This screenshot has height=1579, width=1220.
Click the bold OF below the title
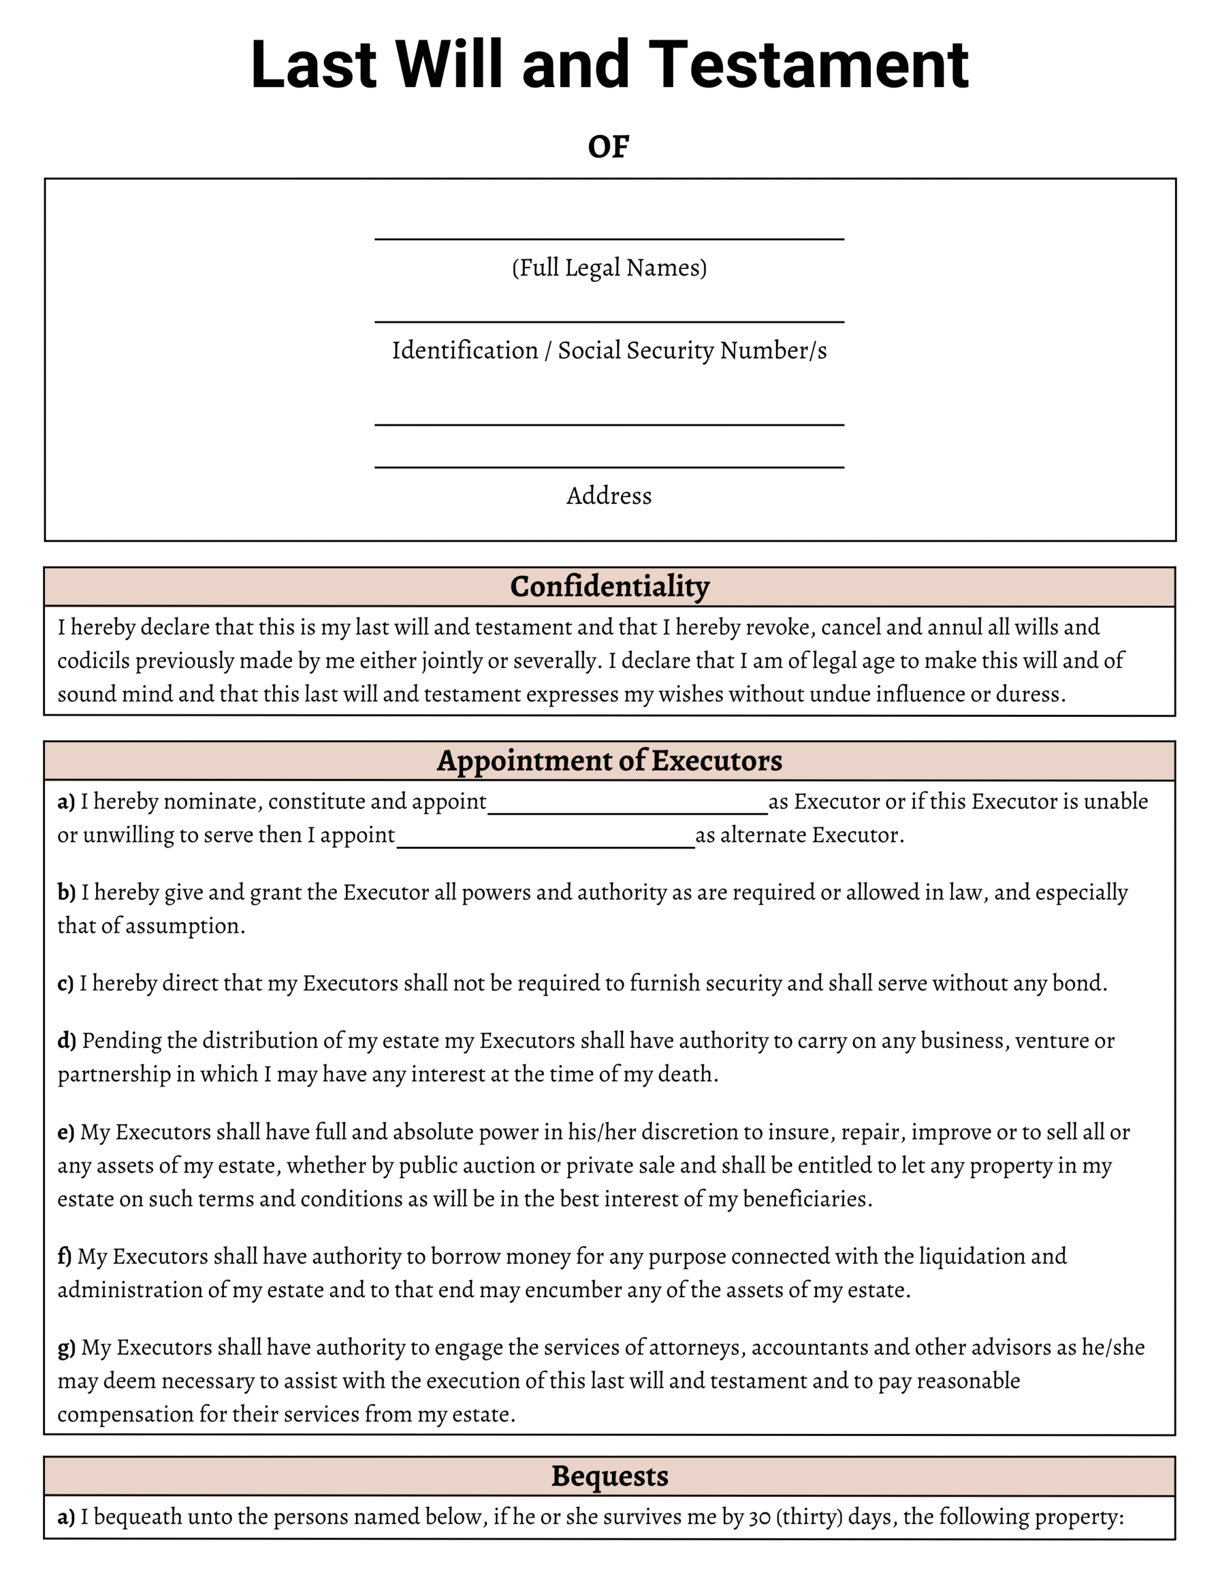[608, 147]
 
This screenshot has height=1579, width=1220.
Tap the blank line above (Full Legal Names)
[609, 238]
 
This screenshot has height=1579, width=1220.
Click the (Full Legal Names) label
[609, 268]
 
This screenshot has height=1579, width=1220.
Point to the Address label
[609, 496]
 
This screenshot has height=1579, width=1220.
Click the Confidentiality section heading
[609, 587]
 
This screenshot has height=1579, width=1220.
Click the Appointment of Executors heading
[609, 761]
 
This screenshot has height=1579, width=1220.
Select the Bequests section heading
[609, 1475]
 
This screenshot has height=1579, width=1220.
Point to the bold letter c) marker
[66, 983]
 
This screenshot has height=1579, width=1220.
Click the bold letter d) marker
[67, 1041]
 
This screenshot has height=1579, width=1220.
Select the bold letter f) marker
[64, 1256]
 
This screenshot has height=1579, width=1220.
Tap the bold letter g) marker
[67, 1347]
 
